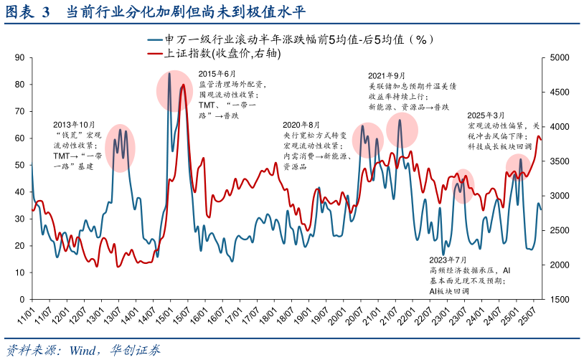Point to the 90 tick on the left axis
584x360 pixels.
point(19,57)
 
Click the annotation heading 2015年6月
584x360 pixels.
point(217,74)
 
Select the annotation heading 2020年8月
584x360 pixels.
point(302,124)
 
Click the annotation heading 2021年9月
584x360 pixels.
point(387,75)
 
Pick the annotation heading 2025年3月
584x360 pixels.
point(486,115)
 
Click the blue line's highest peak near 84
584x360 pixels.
point(169,73)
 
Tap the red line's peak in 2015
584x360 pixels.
point(183,85)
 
